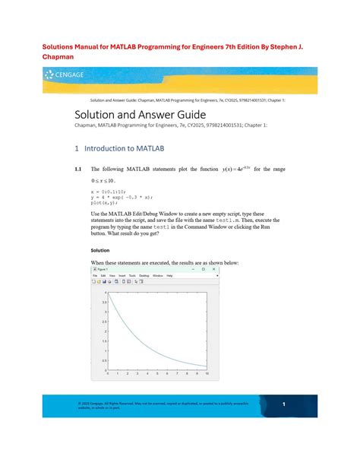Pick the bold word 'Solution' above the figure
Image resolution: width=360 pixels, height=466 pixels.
99,250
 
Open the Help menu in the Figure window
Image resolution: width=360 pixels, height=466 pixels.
169,275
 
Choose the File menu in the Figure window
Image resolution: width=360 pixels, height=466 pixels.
95,275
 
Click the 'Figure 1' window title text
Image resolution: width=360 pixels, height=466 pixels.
102,268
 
